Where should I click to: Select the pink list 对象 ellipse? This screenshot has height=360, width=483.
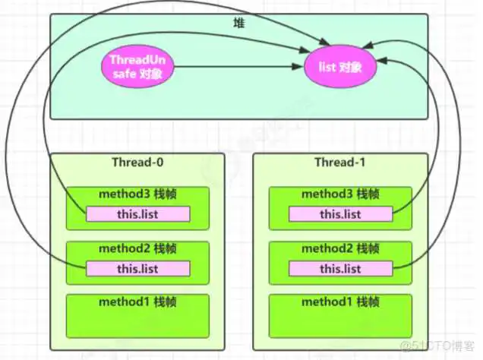[x=339, y=66]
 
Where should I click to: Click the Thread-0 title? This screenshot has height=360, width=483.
[x=137, y=163]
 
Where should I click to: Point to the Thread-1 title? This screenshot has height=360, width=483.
[x=339, y=163]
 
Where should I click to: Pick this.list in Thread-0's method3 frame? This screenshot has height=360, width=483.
[x=137, y=214]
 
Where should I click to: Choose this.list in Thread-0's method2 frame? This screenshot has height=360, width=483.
[x=137, y=268]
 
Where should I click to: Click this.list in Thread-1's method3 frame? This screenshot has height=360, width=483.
[x=339, y=214]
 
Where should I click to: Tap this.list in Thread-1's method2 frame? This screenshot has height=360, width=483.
[x=339, y=268]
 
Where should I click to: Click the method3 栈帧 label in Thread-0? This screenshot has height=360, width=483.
[x=137, y=194]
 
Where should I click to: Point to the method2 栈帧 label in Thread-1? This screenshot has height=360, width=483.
[x=339, y=248]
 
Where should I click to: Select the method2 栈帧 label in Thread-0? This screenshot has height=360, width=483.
[x=137, y=248]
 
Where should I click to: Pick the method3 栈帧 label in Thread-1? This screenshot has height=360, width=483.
[x=339, y=194]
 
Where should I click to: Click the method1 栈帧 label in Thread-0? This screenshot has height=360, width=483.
[x=137, y=302]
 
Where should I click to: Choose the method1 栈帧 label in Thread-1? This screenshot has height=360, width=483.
[x=339, y=302]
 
